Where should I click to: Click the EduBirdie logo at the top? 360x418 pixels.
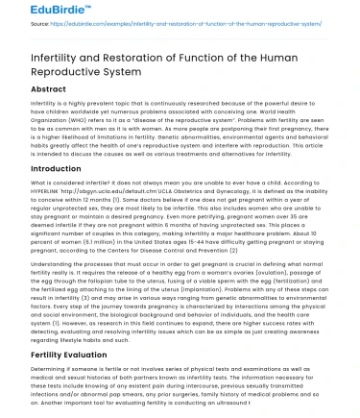tap(33, 10)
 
